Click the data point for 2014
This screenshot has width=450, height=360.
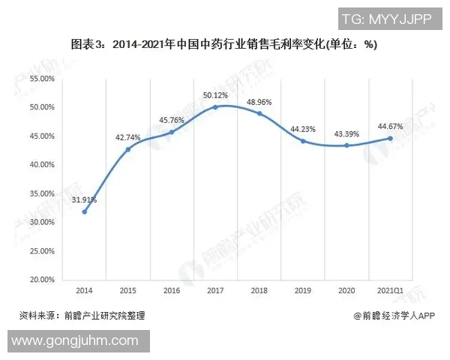click(x=84, y=211)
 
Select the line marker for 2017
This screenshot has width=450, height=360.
click(x=215, y=107)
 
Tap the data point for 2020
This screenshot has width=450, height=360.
click(x=346, y=145)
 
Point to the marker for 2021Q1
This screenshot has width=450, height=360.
click(x=390, y=138)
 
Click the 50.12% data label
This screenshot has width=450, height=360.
click(x=216, y=95)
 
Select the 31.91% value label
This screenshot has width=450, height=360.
click(x=84, y=199)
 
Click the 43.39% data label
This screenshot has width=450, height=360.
click(x=346, y=133)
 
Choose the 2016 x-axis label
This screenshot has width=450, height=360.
click(x=172, y=291)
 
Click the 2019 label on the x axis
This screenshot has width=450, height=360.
click(x=303, y=291)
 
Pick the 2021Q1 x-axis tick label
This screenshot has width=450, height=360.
click(x=390, y=291)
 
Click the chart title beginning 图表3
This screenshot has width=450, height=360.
click(x=224, y=45)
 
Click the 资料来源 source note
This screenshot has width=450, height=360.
click(x=81, y=316)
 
